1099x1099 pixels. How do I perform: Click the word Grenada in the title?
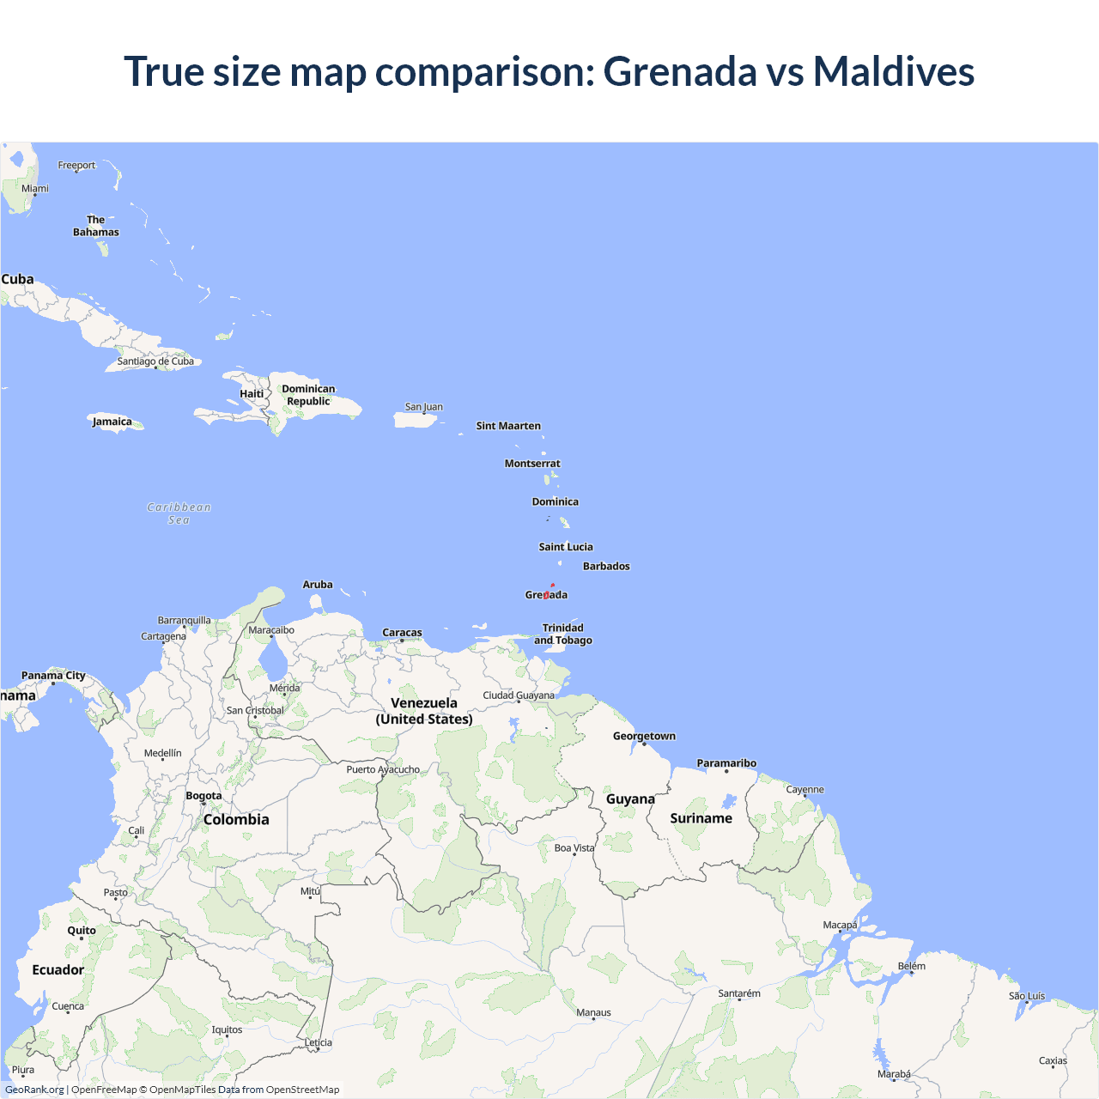(x=680, y=71)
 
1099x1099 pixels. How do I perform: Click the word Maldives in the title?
(x=893, y=71)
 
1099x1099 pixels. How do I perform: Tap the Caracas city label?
(x=402, y=633)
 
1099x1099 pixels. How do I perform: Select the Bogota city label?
(x=203, y=796)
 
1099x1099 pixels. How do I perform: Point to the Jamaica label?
(x=112, y=422)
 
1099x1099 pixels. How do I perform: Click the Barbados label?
(x=606, y=567)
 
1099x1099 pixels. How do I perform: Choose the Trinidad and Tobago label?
(x=563, y=635)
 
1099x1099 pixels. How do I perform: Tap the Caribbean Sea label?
(x=179, y=513)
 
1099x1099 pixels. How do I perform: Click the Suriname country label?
(x=701, y=818)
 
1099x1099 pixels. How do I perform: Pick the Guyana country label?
(x=630, y=799)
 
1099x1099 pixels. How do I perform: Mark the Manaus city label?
(x=593, y=1013)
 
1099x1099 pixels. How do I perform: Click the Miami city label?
(x=35, y=189)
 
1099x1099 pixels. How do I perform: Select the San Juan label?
(x=424, y=407)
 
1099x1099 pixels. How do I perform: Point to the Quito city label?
(x=82, y=931)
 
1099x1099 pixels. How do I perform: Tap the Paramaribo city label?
(x=726, y=763)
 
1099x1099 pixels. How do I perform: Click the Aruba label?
(x=318, y=585)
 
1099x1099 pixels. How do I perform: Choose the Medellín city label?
(x=163, y=753)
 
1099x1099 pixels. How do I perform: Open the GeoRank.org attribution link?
(x=34, y=1090)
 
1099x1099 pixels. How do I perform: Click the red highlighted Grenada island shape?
(x=547, y=594)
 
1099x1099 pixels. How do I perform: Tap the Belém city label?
(x=912, y=967)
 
